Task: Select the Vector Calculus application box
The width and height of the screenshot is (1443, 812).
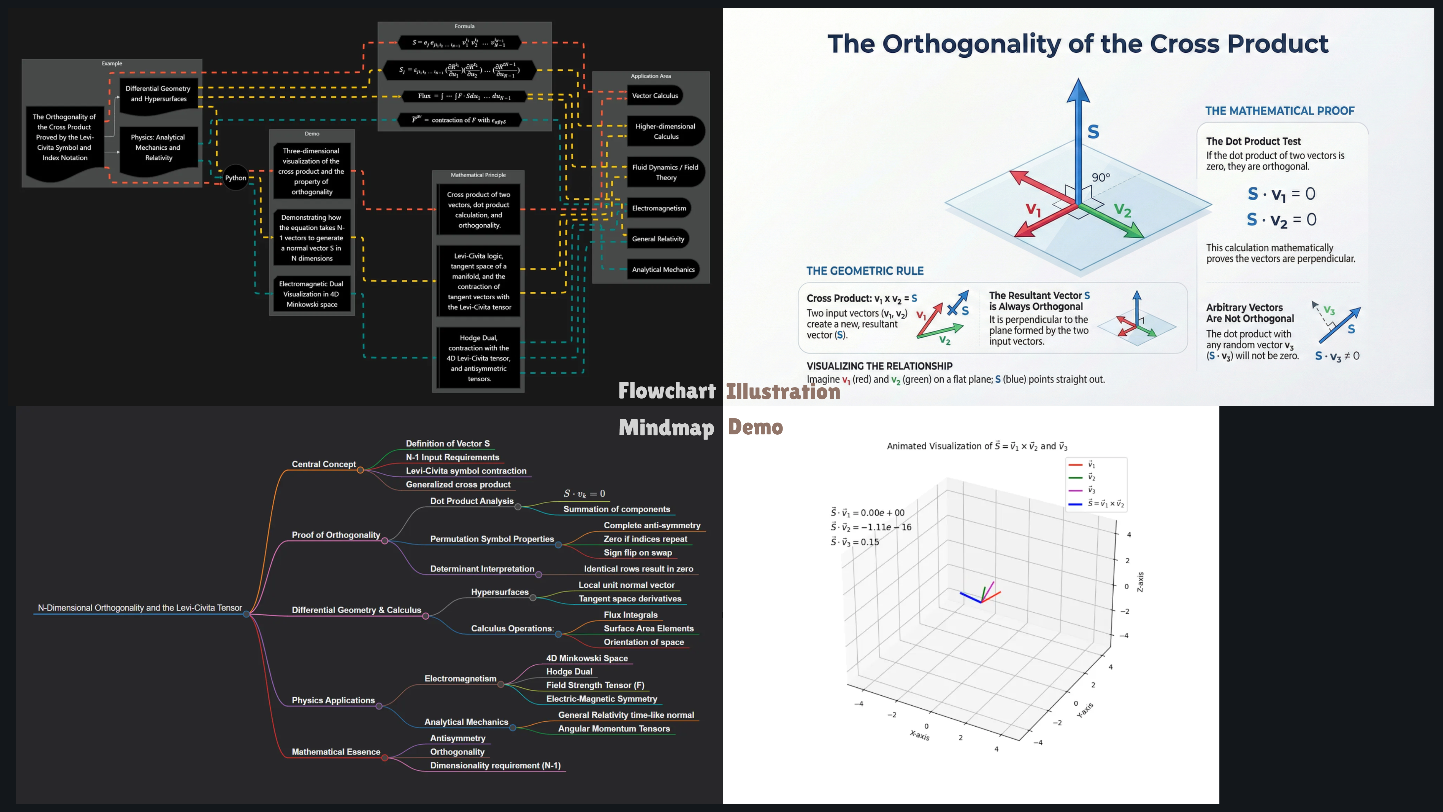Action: pyautogui.click(x=654, y=96)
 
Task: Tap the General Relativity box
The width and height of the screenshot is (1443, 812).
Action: pyautogui.click(x=658, y=239)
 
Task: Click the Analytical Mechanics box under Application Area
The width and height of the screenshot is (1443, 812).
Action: pyautogui.click(x=663, y=270)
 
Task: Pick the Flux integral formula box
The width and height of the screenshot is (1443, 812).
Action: pyautogui.click(x=464, y=96)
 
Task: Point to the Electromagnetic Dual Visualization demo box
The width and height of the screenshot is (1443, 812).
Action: pyautogui.click(x=312, y=294)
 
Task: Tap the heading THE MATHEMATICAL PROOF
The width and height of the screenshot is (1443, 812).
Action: pyautogui.click(x=1279, y=111)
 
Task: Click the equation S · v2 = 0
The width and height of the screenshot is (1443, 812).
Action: pyautogui.click(x=1281, y=220)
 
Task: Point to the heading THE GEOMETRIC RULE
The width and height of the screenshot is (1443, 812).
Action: pyautogui.click(x=864, y=271)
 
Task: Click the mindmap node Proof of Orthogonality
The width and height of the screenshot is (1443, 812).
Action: pyautogui.click(x=335, y=535)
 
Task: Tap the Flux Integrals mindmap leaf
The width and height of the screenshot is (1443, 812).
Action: pyautogui.click(x=630, y=615)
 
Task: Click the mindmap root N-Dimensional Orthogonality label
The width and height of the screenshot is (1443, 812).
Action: pyautogui.click(x=139, y=608)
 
